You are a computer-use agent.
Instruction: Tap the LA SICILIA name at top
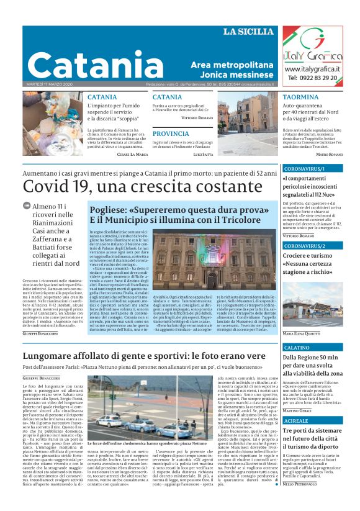coord(248,32)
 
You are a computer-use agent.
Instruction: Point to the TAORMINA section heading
coord(300,97)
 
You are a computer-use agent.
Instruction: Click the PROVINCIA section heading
coord(171,133)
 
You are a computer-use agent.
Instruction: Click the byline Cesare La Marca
coord(132,154)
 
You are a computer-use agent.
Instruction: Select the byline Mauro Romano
coord(329,154)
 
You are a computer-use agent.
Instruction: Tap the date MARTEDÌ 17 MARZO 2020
coord(50,84)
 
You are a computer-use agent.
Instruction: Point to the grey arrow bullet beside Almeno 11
coord(27,205)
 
